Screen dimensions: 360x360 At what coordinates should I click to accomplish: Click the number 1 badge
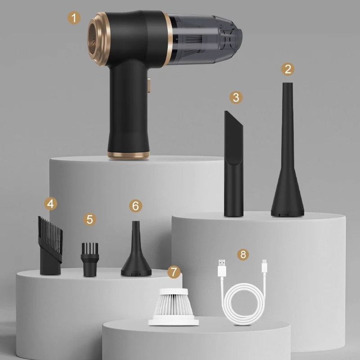pos(74,18)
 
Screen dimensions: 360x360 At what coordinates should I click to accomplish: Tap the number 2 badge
pos(287,69)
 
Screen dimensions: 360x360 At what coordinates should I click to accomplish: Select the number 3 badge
pos(236,97)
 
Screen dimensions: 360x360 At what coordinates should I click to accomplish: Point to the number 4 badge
pos(51,204)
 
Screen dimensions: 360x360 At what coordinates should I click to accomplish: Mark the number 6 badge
pos(135,206)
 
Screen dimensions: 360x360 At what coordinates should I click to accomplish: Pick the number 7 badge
pos(174,272)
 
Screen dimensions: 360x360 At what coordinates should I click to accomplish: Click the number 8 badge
pos(243,255)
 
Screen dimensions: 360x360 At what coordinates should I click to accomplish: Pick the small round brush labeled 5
pos(91,259)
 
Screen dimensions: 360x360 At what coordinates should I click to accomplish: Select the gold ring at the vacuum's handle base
pos(129,155)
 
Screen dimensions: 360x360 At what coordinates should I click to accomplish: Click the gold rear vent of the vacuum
pos(97,39)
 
